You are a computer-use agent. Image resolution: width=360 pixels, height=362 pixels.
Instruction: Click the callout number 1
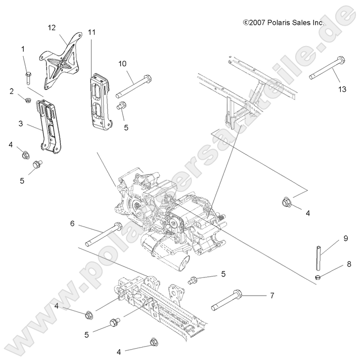(x=23, y=49)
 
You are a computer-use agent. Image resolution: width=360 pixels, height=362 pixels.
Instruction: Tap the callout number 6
(x=72, y=224)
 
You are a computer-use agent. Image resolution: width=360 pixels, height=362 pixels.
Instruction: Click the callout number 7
(x=271, y=296)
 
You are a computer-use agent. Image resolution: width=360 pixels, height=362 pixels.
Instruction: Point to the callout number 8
(x=349, y=264)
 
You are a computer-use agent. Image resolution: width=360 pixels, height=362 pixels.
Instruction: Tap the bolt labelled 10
(x=134, y=86)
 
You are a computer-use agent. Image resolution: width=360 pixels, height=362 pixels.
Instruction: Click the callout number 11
(x=92, y=32)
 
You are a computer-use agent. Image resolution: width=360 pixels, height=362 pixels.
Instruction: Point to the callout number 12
(x=52, y=28)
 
